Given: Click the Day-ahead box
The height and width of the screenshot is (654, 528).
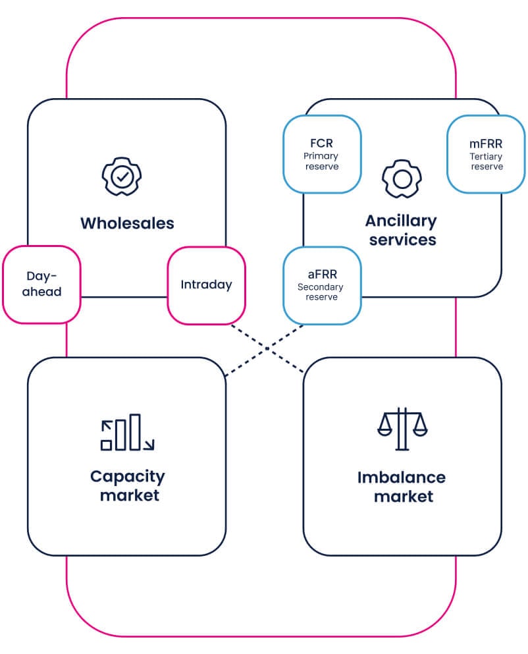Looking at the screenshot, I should point(41,284).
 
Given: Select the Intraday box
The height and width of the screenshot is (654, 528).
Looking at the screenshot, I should point(206,285).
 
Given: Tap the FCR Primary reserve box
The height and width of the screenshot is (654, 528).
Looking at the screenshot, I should point(321,154).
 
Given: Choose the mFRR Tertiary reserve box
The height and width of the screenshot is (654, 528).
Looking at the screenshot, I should point(486,154).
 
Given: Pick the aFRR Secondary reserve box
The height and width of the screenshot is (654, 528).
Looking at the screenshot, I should point(321,285).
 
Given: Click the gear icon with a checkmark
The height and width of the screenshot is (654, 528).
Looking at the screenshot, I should point(121,176).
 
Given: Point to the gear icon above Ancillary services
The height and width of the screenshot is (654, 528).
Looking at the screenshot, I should point(402,178).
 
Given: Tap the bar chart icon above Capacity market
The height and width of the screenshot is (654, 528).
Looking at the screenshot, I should point(127,433).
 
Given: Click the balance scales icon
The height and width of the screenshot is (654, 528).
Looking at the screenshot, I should point(402,429).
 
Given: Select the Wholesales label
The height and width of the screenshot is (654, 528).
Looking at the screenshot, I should point(127,223).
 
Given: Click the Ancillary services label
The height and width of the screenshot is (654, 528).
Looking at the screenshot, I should point(402,230).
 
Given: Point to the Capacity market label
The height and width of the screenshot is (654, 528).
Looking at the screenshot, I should point(127,485).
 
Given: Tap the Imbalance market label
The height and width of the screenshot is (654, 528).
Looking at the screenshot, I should point(402,486).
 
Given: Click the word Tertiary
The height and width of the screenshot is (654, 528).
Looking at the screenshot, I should point(486,157).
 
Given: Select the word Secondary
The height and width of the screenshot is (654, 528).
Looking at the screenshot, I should point(321,287).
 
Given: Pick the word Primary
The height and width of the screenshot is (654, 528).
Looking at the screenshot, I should point(321,156).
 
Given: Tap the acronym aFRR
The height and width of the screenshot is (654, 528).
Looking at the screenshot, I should point(321,274).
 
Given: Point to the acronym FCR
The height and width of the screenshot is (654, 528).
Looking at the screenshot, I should point(321,143).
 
